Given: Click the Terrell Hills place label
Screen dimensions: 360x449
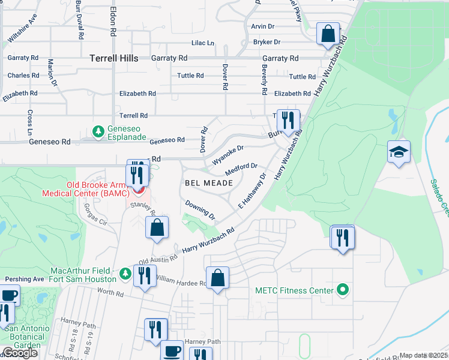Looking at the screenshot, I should [113, 58].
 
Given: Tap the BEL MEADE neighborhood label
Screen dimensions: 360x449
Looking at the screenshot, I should [208, 182].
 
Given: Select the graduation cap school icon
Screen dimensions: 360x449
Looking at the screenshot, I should [399, 153].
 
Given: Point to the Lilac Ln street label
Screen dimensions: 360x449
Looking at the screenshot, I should [202, 43].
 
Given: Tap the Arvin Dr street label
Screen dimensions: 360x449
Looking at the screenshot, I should [262, 26].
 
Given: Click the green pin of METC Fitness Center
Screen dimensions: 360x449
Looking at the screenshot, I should [343, 290].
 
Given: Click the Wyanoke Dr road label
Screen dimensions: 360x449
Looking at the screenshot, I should [228, 155].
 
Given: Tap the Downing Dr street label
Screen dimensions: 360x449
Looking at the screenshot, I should [200, 209].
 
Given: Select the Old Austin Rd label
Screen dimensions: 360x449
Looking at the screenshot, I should [158, 259].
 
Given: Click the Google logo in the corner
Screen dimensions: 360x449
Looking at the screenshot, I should [20, 353].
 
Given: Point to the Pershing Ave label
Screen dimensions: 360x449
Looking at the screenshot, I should [25, 280].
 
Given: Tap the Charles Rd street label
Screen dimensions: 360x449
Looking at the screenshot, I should [23, 76].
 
